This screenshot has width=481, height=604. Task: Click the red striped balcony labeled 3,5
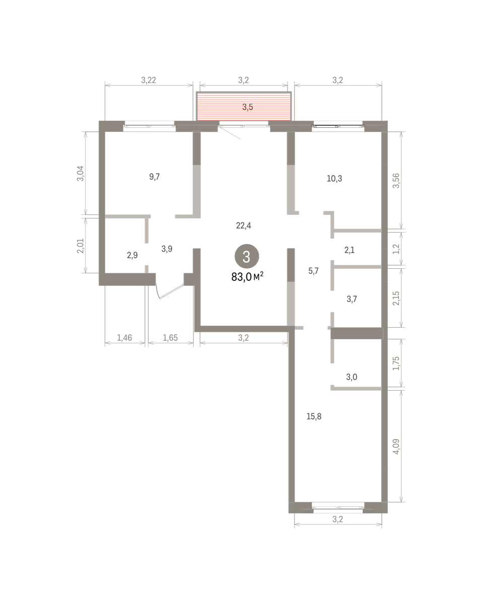[244, 106]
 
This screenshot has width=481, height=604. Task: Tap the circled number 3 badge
[247, 256]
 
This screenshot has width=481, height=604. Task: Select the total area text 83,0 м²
[247, 277]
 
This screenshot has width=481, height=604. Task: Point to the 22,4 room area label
[243, 225]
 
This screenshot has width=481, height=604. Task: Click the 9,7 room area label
[155, 177]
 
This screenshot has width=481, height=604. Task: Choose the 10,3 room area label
[334, 178]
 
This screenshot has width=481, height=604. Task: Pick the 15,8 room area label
[314, 416]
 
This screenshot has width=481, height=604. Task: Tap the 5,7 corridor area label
[313, 271]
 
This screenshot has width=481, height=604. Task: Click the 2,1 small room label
[350, 250]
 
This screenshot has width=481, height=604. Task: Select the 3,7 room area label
[352, 299]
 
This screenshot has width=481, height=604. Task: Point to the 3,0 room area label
[352, 376]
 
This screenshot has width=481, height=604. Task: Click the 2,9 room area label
[132, 255]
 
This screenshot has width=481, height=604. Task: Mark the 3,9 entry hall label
[167, 249]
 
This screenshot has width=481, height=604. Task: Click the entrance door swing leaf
[171, 292]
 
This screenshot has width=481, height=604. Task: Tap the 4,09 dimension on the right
[396, 446]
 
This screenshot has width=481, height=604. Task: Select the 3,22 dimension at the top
[149, 80]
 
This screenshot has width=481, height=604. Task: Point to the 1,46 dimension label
[124, 337]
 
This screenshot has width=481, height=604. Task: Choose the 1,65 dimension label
[170, 337]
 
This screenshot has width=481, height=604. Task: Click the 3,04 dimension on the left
[81, 174]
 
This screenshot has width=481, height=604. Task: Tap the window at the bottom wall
[338, 508]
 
